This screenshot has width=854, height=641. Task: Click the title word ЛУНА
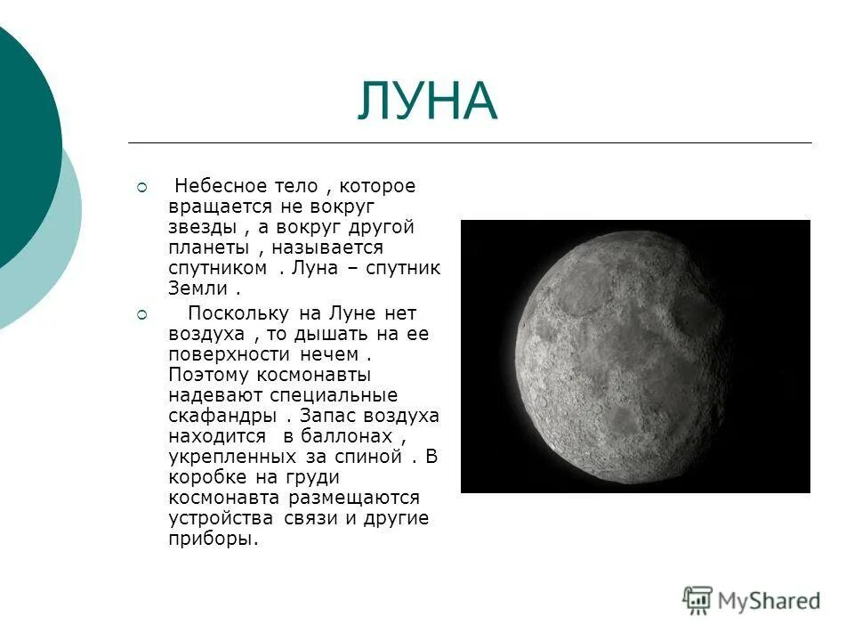(x=427, y=101)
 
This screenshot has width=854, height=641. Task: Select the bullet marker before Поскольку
(x=141, y=314)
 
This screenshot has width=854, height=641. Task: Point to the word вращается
(x=211, y=207)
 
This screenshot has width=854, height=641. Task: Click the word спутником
(x=217, y=268)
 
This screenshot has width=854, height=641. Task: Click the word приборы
(x=212, y=539)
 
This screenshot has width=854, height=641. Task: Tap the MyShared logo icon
(x=698, y=601)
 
